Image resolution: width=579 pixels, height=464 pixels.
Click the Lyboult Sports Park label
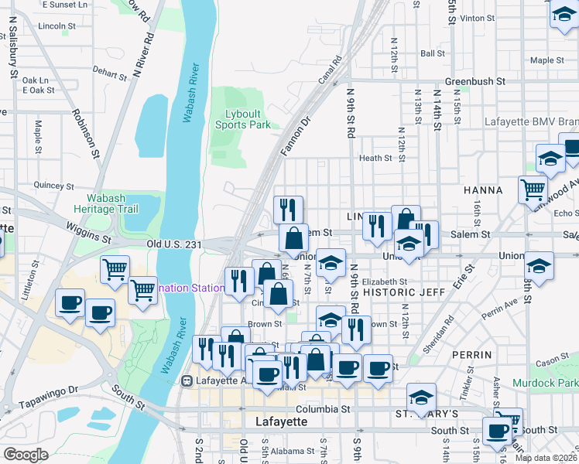[x=242, y=118]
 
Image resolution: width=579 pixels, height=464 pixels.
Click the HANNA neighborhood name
[x=482, y=189]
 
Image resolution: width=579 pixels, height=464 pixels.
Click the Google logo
[x=26, y=455]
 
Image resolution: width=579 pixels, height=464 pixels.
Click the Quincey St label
[x=53, y=186]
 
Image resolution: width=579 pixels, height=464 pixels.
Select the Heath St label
[x=375, y=158]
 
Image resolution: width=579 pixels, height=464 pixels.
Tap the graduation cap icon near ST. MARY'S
[x=420, y=397]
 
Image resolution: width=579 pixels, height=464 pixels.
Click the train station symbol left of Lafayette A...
[x=187, y=381]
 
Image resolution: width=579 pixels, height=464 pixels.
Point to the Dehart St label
[x=110, y=72]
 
